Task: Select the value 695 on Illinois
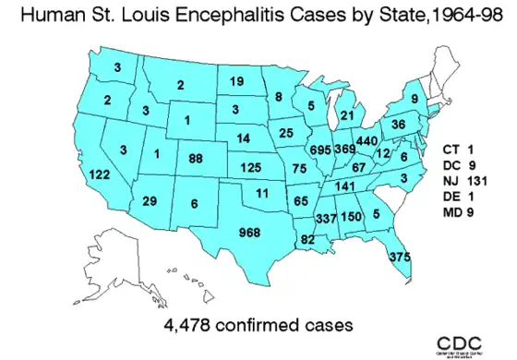pyautogui.click(x=321, y=150)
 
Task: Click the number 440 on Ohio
pyautogui.click(x=367, y=141)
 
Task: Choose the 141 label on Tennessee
pyautogui.click(x=343, y=186)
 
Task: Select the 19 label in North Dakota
pyautogui.click(x=236, y=81)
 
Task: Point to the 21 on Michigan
pyautogui.click(x=347, y=115)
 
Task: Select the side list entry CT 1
pyautogui.click(x=457, y=149)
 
